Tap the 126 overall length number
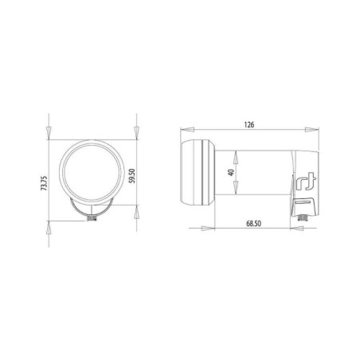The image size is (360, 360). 248,124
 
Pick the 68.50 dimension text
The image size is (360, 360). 252,225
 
